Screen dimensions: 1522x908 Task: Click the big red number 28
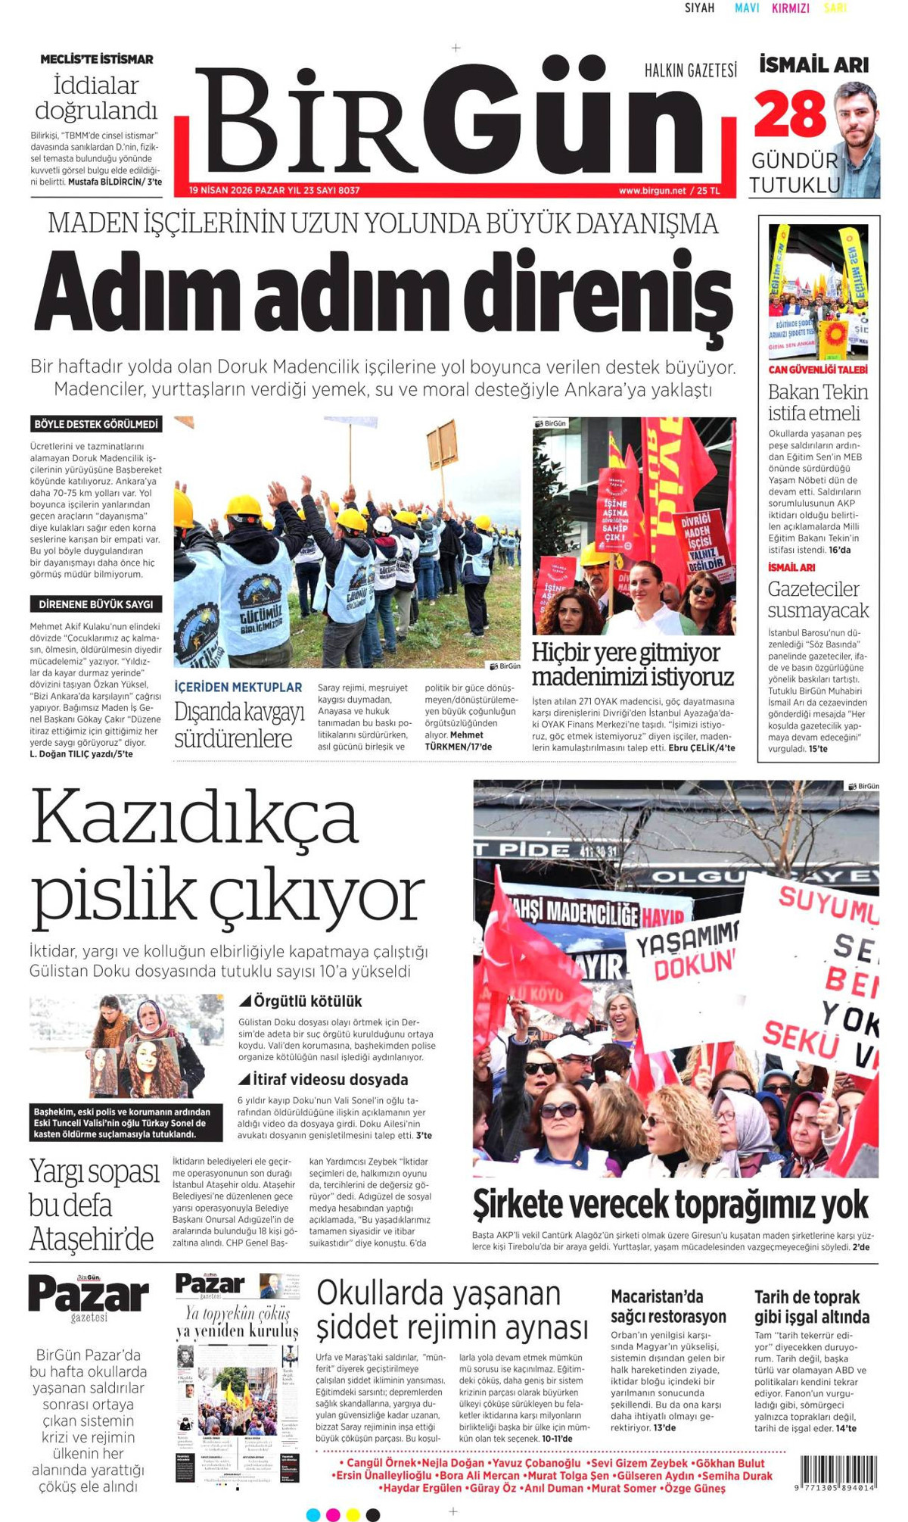790,114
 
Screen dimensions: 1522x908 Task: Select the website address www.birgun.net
651,191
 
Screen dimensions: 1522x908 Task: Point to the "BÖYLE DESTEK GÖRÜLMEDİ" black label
96,424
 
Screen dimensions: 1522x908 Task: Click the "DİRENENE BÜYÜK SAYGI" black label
96,604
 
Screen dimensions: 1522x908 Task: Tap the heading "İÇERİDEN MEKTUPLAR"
238,688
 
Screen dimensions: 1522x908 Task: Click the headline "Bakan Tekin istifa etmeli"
818,402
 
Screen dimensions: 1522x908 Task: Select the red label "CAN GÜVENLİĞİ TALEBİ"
818,370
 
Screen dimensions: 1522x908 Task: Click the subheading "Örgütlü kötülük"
307,1001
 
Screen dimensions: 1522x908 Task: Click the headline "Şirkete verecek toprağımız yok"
670,1205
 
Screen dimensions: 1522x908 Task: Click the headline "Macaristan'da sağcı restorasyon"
668,1306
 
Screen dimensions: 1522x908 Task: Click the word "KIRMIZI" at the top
790,8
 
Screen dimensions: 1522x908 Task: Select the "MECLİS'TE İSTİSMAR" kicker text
96,59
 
